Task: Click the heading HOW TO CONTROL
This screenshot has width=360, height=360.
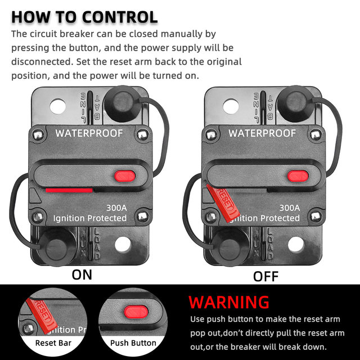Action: pyautogui.click(x=84, y=17)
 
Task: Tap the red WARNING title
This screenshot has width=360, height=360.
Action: pyautogui.click(x=229, y=302)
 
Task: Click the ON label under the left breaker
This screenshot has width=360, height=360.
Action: pyautogui.click(x=82, y=275)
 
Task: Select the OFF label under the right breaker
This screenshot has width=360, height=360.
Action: pyautogui.click(x=265, y=276)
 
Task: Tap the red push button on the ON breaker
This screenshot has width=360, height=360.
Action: pyautogui.click(x=125, y=176)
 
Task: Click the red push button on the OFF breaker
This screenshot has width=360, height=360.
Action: pyautogui.click(x=298, y=176)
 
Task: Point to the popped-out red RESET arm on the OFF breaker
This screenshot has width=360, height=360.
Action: pyautogui.click(x=223, y=204)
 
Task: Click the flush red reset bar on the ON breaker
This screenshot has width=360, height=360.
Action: pyautogui.click(x=69, y=190)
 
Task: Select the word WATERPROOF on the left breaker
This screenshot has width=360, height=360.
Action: pyautogui.click(x=89, y=133)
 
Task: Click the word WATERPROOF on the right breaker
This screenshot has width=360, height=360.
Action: pyautogui.click(x=262, y=133)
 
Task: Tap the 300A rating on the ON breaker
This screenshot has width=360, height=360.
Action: pyautogui.click(x=116, y=208)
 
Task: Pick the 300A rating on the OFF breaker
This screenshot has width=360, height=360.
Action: pyautogui.click(x=290, y=208)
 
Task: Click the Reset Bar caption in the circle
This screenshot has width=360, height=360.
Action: pyautogui.click(x=53, y=343)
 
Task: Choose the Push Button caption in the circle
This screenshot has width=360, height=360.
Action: pyautogui.click(x=133, y=343)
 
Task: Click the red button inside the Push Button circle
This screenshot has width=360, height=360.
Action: pyautogui.click(x=136, y=312)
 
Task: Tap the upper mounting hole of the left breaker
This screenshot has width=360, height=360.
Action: pyautogui.click(x=58, y=106)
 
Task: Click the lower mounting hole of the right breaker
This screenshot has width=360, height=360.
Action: pyautogui.click(x=296, y=244)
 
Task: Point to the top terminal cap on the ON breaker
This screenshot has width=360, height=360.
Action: pyautogui.click(x=122, y=104)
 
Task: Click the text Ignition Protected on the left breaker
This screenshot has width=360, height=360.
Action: pyautogui.click(x=90, y=218)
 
